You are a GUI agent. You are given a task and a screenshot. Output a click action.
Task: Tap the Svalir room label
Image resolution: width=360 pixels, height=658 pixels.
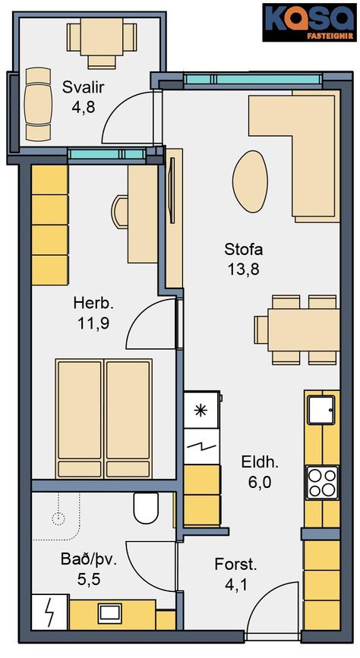point(84,88)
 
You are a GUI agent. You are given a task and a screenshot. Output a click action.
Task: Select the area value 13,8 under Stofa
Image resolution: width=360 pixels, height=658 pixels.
point(244,269)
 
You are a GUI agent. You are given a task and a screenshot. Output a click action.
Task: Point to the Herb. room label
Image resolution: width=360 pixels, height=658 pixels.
point(93,302)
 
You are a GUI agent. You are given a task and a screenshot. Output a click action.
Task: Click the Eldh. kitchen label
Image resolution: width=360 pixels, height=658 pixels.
point(260,463)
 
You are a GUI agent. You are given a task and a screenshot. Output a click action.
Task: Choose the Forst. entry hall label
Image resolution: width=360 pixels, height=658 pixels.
point(235,565)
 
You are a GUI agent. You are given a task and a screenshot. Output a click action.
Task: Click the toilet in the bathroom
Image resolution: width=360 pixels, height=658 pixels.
point(146,507)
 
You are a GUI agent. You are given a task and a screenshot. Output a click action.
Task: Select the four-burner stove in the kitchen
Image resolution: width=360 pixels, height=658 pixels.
point(322,482)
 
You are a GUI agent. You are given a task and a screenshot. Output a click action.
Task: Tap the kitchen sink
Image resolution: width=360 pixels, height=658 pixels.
point(321,410)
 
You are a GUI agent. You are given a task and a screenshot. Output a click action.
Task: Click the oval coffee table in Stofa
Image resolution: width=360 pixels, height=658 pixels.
point(250,181)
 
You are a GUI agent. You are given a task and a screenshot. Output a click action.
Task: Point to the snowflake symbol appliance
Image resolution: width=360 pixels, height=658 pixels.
point(201,411)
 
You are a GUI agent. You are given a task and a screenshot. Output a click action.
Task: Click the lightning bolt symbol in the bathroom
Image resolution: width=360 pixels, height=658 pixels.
point(50,612)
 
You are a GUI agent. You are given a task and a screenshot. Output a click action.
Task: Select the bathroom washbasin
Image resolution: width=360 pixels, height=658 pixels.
point(109,614)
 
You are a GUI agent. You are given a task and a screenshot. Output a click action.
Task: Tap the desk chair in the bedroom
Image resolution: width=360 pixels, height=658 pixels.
point(119,213)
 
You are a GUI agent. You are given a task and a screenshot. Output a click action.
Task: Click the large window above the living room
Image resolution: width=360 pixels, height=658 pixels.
point(254,80)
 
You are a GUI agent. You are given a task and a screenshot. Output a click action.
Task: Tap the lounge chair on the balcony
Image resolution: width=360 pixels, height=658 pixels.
point(38,104)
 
